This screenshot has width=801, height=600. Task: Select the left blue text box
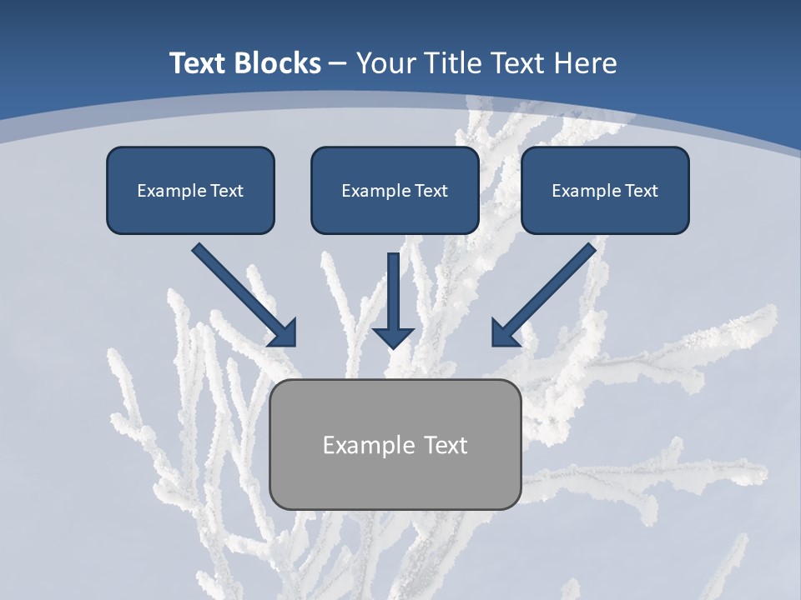click(190, 190)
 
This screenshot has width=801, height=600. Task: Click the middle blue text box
click(395, 190)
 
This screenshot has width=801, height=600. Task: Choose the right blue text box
click(605, 190)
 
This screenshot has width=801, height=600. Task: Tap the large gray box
click(395, 444)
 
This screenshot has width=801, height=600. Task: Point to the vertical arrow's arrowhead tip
click(393, 346)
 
